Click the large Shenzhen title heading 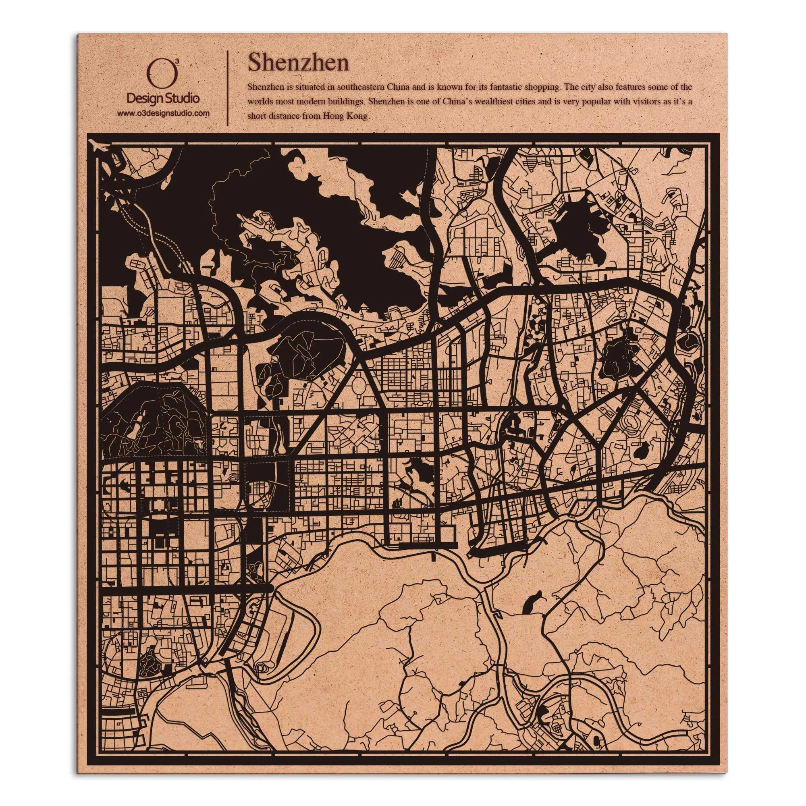coord(298,62)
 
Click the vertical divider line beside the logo coord(227,88)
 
